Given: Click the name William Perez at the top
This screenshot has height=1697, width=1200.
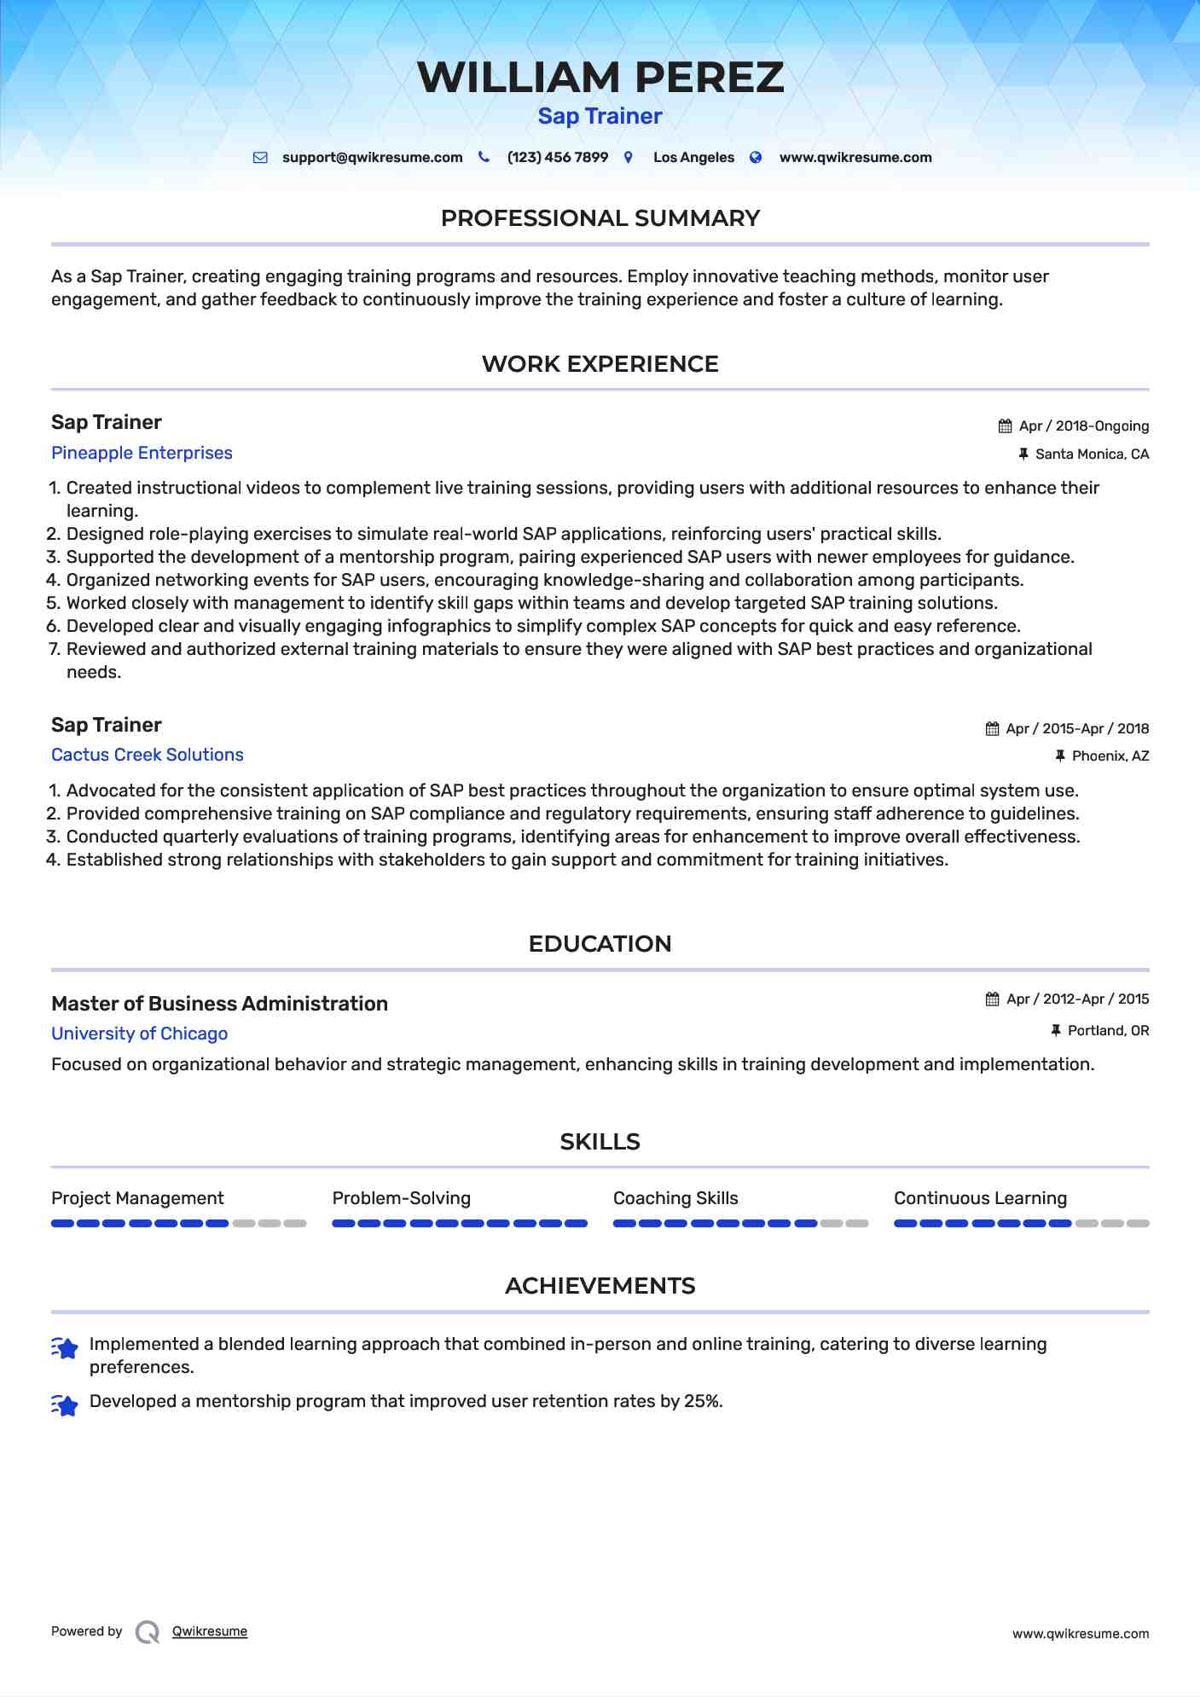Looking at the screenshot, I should click(x=600, y=78).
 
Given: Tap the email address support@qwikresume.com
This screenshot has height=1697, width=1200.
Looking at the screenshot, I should click(x=372, y=158).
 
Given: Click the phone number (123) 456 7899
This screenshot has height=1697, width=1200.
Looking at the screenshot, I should click(x=557, y=158).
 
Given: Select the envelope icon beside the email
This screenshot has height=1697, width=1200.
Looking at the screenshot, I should click(x=260, y=158).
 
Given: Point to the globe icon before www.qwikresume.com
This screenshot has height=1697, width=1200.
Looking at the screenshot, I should click(x=756, y=158).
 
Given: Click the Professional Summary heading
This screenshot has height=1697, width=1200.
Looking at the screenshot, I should click(x=600, y=218).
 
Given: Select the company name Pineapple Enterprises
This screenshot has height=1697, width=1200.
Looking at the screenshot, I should click(x=142, y=453).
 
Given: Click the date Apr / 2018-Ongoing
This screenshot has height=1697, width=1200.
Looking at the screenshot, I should click(x=1083, y=426).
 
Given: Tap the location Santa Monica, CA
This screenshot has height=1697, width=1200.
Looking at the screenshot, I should click(x=1092, y=455).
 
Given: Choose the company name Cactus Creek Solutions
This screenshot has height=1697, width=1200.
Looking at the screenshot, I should click(x=147, y=755).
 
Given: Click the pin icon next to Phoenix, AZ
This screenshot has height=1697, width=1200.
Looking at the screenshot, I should click(x=1060, y=756).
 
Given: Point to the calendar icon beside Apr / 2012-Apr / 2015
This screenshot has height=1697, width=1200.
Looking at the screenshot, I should click(x=992, y=999).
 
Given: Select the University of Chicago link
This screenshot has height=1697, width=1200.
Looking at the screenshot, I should click(x=139, y=1034).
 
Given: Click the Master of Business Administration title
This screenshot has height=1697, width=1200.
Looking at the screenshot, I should click(x=219, y=1004).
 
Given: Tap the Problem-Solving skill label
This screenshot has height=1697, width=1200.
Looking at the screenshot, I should click(x=401, y=1198).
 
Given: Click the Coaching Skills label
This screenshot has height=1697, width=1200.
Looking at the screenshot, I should click(x=675, y=1198).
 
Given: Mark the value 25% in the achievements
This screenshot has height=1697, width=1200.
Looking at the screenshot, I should click(x=702, y=1401).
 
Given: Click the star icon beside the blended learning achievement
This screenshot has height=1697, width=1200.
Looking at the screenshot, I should click(x=65, y=1348).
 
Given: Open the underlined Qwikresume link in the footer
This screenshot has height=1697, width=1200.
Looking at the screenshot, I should click(x=210, y=1631).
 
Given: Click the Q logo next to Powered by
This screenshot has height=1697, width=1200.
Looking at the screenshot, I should click(x=148, y=1632).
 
